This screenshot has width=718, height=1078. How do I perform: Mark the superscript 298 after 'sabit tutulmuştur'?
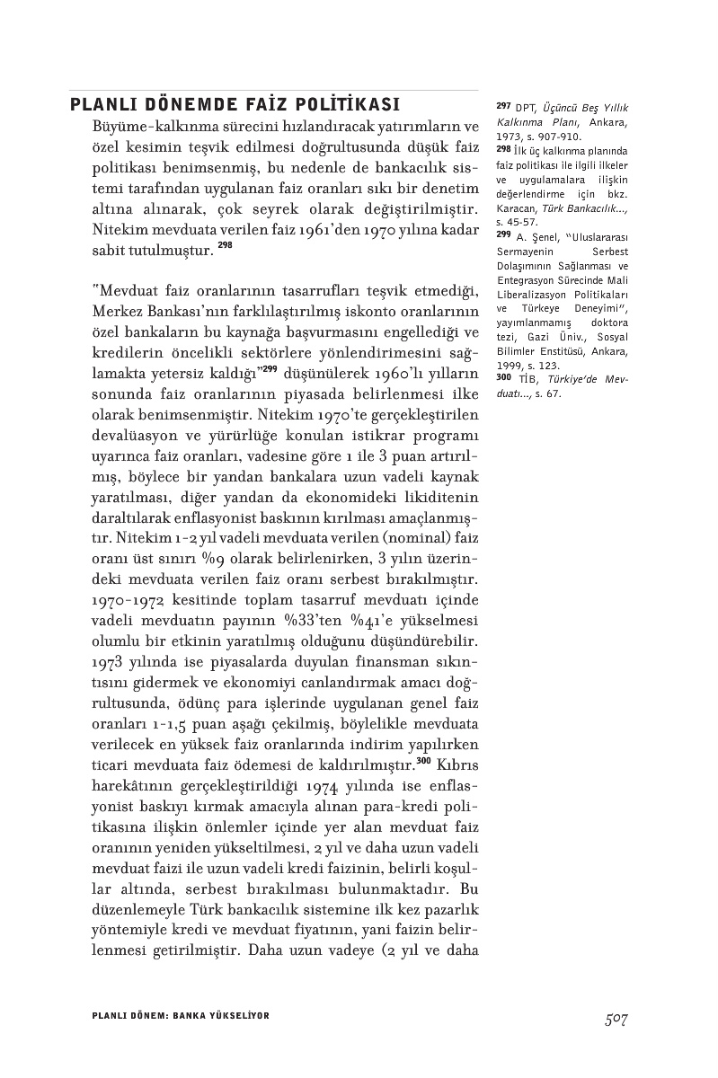226,244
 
